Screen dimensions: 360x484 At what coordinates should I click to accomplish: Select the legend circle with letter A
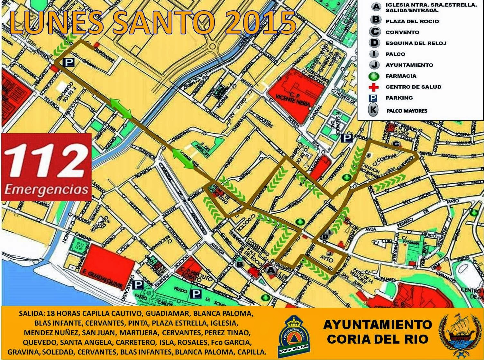(x=375, y=7)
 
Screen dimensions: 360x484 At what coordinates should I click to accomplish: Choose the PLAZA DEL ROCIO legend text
(x=412, y=21)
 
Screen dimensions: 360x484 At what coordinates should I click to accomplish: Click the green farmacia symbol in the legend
(x=374, y=76)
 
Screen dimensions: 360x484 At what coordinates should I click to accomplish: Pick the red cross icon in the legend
(x=374, y=87)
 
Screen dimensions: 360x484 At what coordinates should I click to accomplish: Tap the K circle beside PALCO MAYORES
(x=373, y=110)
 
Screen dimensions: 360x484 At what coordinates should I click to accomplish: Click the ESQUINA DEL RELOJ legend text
(x=416, y=43)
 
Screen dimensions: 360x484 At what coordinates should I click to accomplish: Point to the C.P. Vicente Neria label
(x=293, y=100)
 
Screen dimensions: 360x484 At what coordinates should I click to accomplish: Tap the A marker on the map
(x=271, y=270)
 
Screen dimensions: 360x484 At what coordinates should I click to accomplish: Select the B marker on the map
(x=240, y=264)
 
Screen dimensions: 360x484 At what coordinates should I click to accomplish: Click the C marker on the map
(x=396, y=144)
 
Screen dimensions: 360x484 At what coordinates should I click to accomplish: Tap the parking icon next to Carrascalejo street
(x=138, y=285)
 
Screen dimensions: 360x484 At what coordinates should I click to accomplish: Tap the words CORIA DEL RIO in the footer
(x=378, y=339)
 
